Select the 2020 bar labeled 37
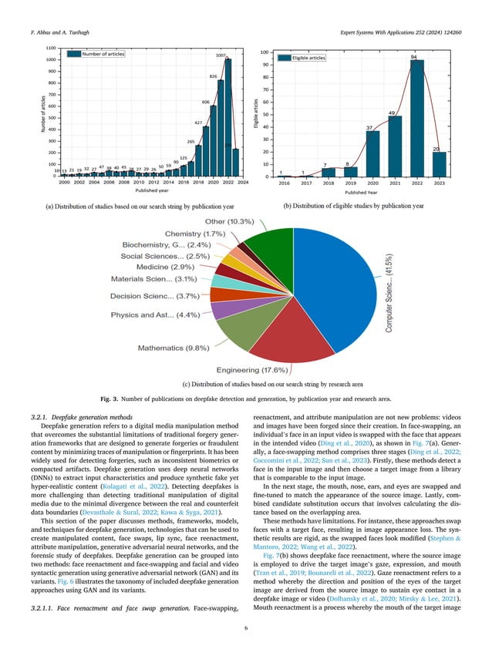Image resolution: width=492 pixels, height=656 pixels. (372, 153)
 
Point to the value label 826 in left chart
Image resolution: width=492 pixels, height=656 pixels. (214, 77)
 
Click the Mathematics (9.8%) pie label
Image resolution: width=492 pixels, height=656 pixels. (174, 348)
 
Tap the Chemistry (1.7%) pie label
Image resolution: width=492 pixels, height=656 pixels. (195, 233)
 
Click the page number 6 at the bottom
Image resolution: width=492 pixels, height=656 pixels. (245, 627)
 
